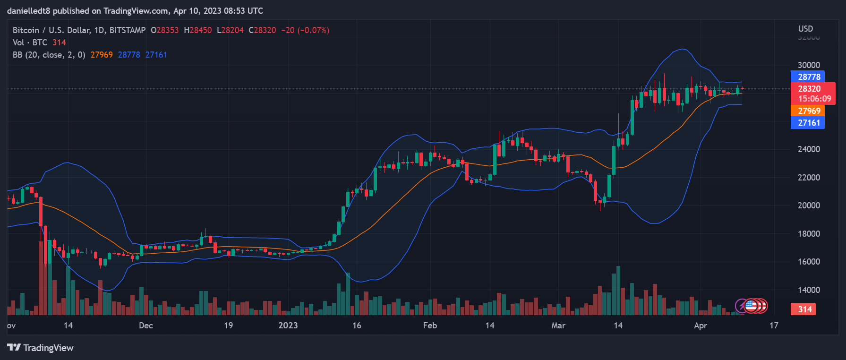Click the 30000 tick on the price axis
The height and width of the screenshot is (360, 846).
[809, 65]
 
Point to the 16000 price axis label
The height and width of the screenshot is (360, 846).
[809, 262]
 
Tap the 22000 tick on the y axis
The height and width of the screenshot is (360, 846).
[809, 178]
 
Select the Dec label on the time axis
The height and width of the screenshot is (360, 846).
[146, 326]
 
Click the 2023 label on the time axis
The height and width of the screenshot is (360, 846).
[288, 326]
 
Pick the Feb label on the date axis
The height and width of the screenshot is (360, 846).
[430, 326]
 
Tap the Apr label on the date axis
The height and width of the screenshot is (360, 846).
[701, 326]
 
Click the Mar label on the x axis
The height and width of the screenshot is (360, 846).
[558, 326]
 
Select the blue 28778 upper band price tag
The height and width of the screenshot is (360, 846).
[809, 77]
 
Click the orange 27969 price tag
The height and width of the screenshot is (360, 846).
[809, 111]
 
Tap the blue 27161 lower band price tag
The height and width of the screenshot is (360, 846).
[809, 123]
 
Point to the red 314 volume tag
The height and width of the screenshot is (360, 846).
[805, 309]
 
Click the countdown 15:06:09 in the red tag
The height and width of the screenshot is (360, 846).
[814, 99]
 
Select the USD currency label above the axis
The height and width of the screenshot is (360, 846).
[805, 29]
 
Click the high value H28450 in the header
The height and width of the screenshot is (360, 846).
[198, 30]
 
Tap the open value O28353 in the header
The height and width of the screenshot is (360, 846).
[165, 30]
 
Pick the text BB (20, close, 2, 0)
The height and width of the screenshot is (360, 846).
[49, 55]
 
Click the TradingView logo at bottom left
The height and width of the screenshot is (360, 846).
[41, 348]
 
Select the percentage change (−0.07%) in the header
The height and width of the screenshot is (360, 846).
[313, 30]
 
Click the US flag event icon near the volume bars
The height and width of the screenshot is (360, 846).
[751, 306]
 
